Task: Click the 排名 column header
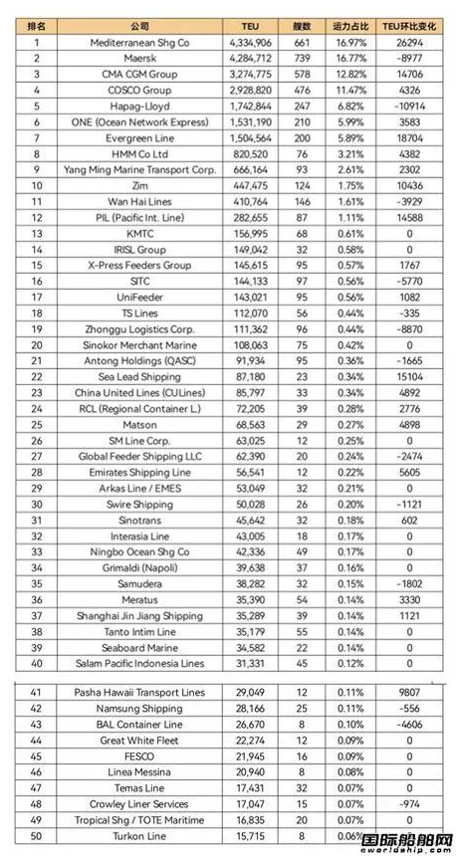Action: click(x=37, y=26)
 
